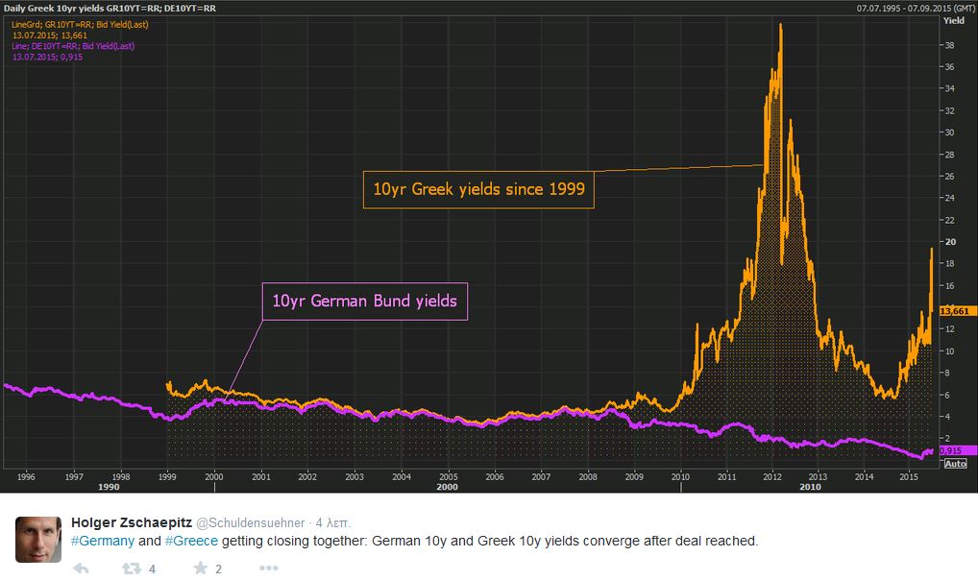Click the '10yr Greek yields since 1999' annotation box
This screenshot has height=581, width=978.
click(478, 190)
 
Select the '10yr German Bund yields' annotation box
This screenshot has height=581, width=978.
click(365, 302)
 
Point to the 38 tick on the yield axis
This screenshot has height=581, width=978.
click(948, 45)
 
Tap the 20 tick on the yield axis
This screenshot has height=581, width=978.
click(948, 242)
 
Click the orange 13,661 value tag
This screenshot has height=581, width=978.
click(956, 310)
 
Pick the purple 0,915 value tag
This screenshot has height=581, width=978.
click(952, 450)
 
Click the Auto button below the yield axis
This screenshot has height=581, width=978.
click(955, 463)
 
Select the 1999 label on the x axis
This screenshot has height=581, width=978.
click(167, 475)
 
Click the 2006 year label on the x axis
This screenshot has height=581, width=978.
click(494, 475)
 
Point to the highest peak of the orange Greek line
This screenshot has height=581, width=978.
click(780, 25)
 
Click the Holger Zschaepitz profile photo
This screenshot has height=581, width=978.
click(38, 539)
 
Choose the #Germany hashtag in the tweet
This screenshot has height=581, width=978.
click(103, 542)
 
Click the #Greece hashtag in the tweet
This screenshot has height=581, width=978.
click(191, 542)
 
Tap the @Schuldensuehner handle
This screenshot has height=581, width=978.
click(250, 523)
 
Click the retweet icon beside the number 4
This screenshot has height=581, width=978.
click(131, 569)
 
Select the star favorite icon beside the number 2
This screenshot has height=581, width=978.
click(200, 569)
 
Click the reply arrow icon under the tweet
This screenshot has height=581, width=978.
click(81, 569)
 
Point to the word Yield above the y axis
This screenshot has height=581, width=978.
click(954, 19)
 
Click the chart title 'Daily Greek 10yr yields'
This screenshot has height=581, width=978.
click(58, 9)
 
